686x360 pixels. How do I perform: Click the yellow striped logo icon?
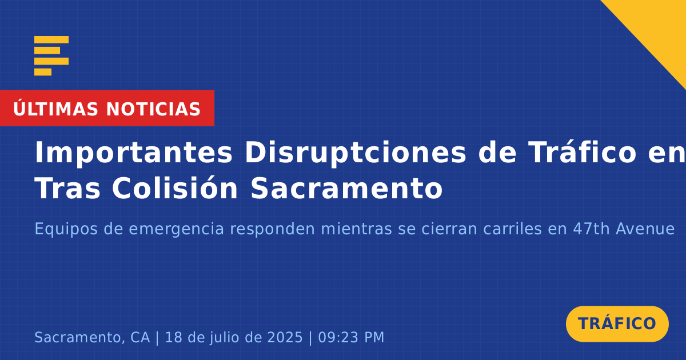click(51, 56)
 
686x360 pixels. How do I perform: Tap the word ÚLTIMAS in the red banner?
click(55, 108)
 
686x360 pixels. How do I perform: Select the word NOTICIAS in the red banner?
click(153, 109)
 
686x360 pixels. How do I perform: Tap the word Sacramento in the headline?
click(346, 189)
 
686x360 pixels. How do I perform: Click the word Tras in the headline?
click(67, 189)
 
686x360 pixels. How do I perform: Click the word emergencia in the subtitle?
click(177, 230)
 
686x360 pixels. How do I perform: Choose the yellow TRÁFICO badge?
click(617, 323)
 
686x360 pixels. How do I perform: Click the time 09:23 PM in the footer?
click(351, 337)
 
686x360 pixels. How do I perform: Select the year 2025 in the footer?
click(285, 337)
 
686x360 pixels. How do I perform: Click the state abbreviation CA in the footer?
click(140, 337)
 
